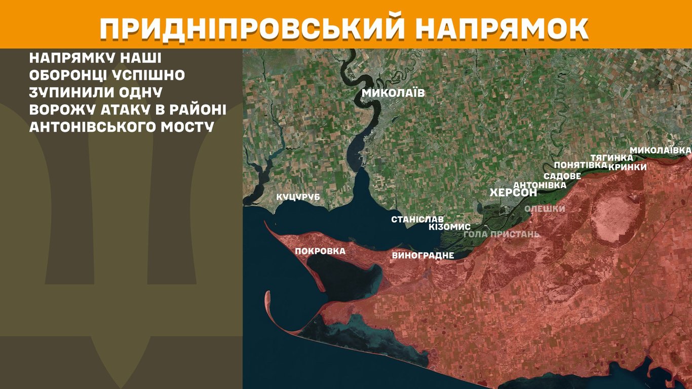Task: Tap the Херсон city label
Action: coord(513,193)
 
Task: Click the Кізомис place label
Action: coord(449,227)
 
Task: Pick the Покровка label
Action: coord(320,251)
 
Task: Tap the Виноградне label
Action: coord(422,255)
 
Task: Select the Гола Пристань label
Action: coord(502,234)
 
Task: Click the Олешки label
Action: coord(545,209)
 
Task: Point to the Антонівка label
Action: coord(540,185)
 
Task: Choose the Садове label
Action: coord(562,176)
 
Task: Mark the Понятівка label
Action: coord(581,165)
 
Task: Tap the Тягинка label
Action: coord(611,158)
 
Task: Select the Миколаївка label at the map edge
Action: coord(660,150)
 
